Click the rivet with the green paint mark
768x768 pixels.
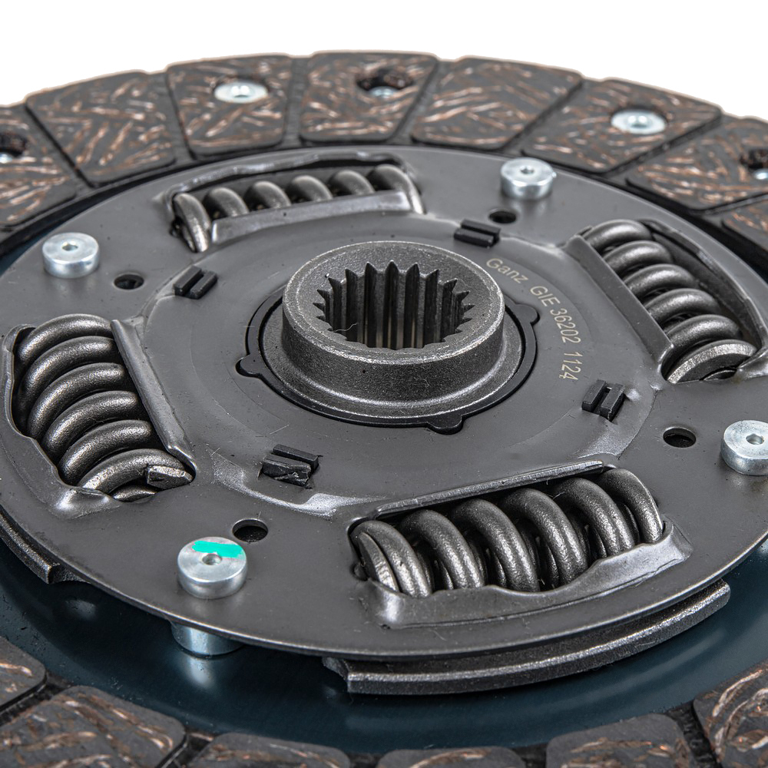[212, 568]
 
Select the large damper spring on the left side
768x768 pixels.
[95, 404]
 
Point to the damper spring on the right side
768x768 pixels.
[671, 299]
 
